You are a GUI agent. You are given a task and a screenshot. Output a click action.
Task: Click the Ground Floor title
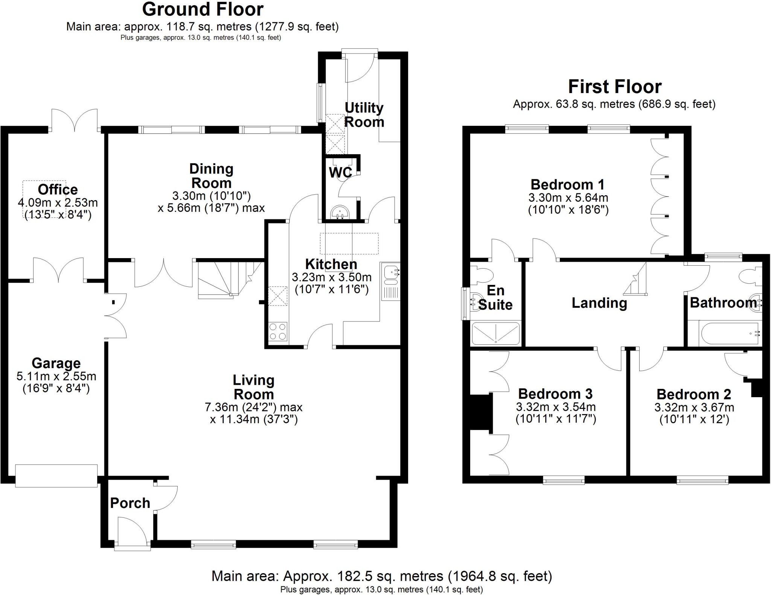pos(203,9)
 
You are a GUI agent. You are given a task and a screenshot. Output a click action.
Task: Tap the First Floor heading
pos(614,87)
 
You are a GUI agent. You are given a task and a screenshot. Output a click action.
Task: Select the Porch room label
pos(130,503)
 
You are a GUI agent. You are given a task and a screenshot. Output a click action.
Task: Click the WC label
pos(340,173)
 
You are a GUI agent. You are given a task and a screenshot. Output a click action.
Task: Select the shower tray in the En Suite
pos(496,333)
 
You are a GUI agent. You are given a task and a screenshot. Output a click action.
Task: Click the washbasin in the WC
pos(340,213)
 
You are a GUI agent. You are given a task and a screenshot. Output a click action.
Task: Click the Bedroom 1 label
pos(567,185)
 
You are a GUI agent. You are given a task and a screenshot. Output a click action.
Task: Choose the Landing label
pos(599,303)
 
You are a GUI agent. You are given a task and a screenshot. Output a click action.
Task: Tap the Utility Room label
pos(364,115)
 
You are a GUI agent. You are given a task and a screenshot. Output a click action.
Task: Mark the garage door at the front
pos(56,476)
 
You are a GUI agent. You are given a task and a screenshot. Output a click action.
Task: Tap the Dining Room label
pos(211,176)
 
